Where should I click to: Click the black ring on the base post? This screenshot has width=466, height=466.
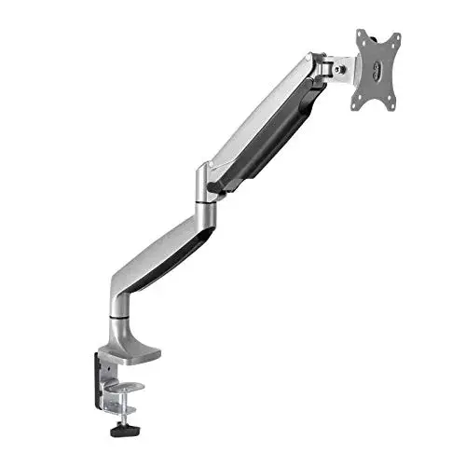click(121, 318)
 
